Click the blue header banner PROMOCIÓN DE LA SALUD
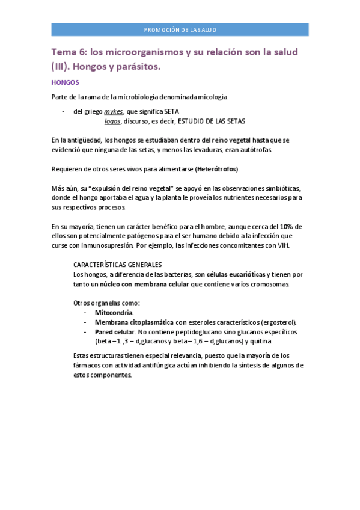[x=180, y=29]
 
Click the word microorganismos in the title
[x=138, y=52]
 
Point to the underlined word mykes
[x=114, y=112]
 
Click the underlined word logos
[x=112, y=121]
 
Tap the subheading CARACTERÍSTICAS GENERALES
[x=117, y=265]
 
